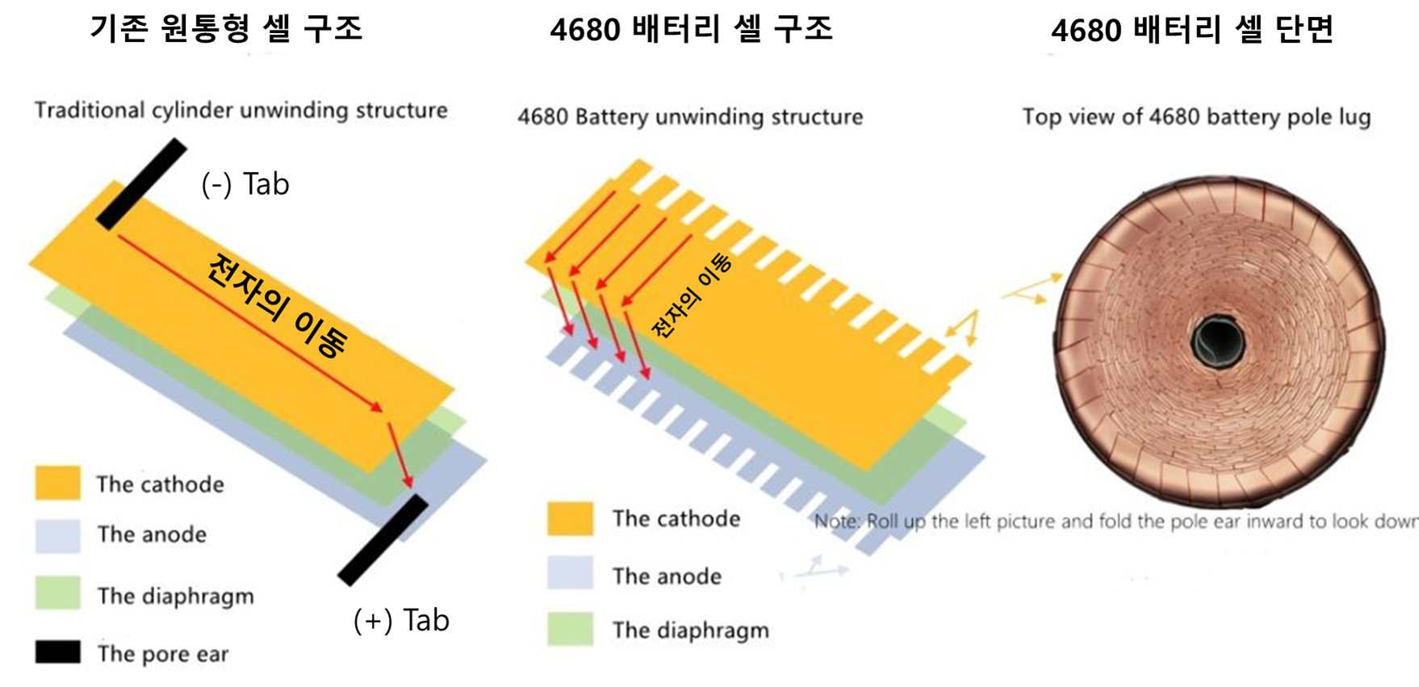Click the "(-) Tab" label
coord(245,184)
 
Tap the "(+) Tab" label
coord(401,620)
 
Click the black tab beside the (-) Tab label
coord(142,183)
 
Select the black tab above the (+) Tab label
coord(383,539)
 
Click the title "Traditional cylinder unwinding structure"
coord(241,111)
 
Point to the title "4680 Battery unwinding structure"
coord(690,117)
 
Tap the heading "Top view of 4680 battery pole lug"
coord(1196,117)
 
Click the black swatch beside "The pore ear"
coord(57,652)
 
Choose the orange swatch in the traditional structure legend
coord(57,483)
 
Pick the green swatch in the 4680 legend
coord(570,629)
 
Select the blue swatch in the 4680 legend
coord(570,573)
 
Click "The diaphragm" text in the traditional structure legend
coord(176,596)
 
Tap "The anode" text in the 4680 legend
coord(667,576)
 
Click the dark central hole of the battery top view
coord(1218,342)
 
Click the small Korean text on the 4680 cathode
coord(692,295)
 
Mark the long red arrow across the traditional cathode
coord(250,323)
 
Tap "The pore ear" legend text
coord(163,653)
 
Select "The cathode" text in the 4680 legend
coord(676,518)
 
